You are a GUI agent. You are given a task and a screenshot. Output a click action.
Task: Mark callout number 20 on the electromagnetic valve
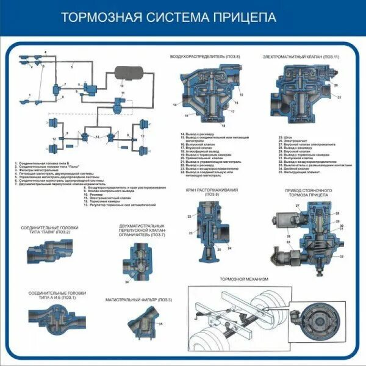[335, 85]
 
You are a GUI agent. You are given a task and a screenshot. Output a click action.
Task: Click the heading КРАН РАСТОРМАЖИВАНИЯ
[212, 190]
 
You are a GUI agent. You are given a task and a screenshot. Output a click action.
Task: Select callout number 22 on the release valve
[190, 217]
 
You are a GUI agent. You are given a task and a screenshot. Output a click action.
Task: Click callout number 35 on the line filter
[160, 324]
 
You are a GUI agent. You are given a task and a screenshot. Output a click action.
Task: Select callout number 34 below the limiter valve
[127, 282]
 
